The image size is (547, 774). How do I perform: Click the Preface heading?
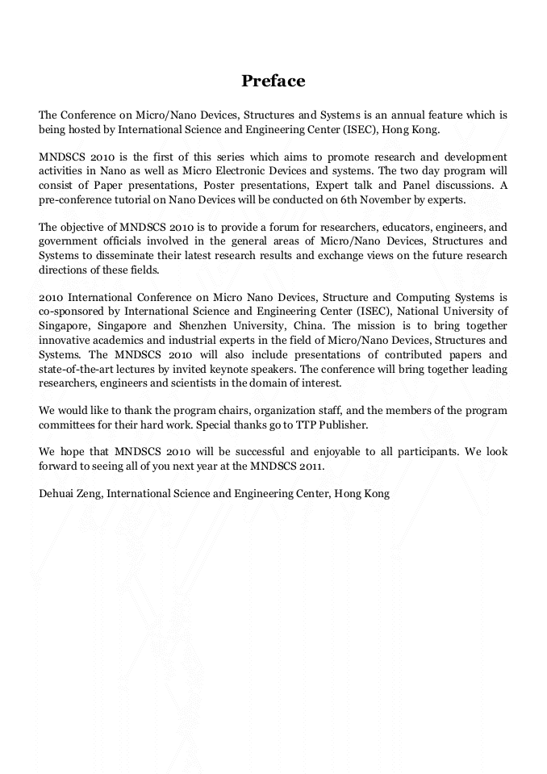click(273, 81)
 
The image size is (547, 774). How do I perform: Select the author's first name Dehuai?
click(56, 493)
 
